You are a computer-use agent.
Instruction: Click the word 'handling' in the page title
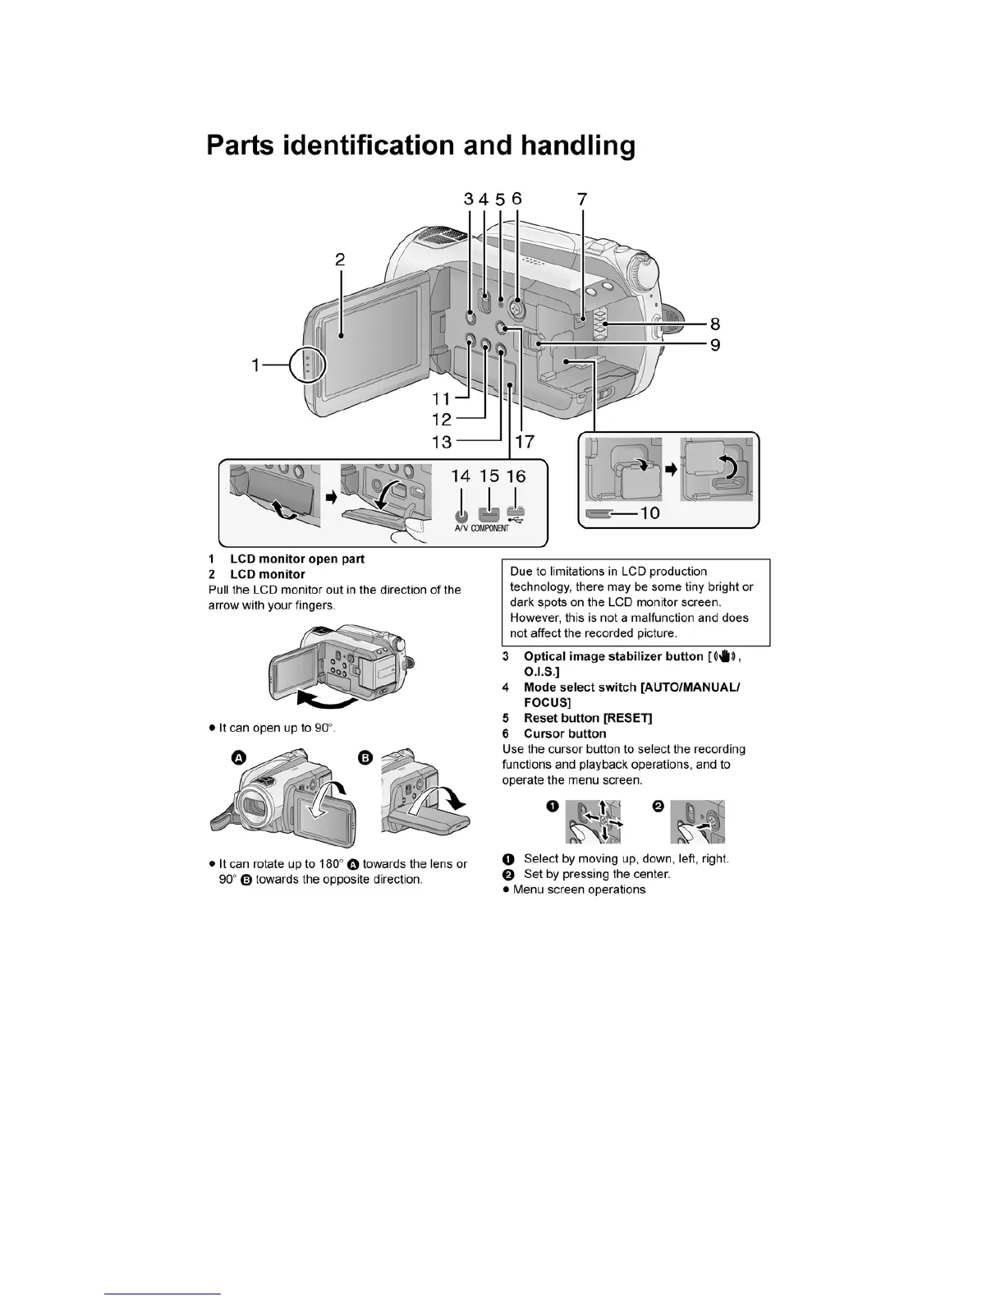click(x=578, y=145)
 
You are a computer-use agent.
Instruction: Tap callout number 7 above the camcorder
click(x=582, y=199)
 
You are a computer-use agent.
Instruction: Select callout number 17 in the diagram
click(x=524, y=441)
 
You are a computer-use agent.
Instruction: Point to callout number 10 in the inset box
click(x=649, y=513)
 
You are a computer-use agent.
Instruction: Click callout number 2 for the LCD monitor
click(x=340, y=260)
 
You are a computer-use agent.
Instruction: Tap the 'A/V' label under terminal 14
click(x=461, y=528)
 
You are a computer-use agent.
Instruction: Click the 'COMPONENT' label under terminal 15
click(x=489, y=528)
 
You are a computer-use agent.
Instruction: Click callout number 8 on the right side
click(x=715, y=324)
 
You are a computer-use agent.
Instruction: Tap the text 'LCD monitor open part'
click(x=297, y=559)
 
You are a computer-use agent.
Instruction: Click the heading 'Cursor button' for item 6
click(x=565, y=733)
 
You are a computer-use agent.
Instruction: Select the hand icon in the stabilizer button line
click(x=726, y=656)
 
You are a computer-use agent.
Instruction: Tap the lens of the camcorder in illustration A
click(x=253, y=809)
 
